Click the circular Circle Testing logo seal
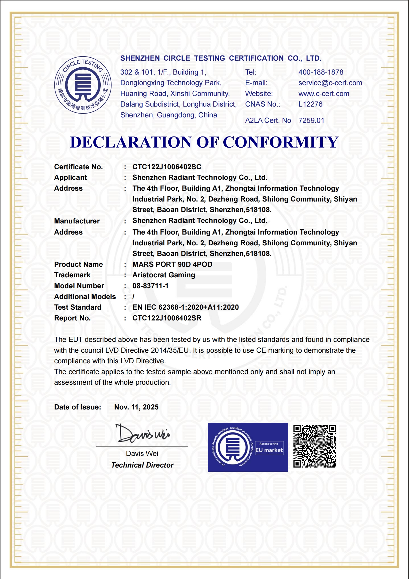coord(83,85)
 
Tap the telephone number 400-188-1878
coord(321,72)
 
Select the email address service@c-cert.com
coord(330,83)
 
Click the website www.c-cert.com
coord(324,94)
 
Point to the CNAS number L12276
coord(310,104)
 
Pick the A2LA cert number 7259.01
coord(311,120)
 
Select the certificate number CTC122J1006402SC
coord(167,167)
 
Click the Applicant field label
coord(71,178)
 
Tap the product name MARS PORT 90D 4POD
coord(172,264)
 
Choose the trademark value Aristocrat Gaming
coord(164,275)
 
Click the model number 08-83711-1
coord(150,286)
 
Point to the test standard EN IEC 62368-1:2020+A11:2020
coord(185,307)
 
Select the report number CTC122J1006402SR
coord(167,318)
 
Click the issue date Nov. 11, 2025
coord(136,407)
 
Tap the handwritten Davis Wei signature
coord(143,434)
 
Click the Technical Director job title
coord(142,465)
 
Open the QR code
coord(314,446)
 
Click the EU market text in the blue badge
coord(269,450)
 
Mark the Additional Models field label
coord(85,297)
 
